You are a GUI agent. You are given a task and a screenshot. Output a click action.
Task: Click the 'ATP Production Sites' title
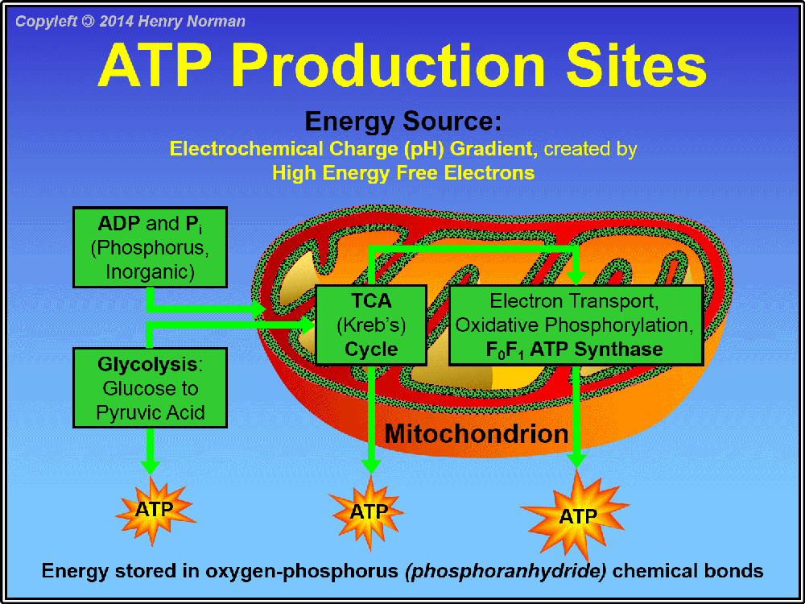[x=402, y=66]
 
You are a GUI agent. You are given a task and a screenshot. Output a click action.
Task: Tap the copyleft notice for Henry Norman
[x=130, y=22]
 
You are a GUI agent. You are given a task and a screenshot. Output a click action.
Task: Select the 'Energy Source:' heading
[x=402, y=122]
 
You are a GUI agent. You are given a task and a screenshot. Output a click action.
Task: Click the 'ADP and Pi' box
[x=150, y=247]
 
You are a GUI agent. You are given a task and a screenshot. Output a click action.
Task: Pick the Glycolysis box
[x=150, y=388]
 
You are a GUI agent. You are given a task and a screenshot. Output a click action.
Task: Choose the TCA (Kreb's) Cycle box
[x=370, y=325]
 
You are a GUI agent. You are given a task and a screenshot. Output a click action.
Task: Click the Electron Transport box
[x=576, y=325]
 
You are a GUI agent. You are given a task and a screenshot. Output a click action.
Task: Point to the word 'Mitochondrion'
[x=477, y=434]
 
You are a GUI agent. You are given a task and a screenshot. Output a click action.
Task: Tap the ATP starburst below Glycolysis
[x=154, y=510]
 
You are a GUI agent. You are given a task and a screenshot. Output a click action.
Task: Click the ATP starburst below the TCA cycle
[x=369, y=512]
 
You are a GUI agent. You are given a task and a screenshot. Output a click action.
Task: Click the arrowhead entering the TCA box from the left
[x=308, y=325]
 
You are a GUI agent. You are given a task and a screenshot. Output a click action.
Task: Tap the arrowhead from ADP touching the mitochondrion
[x=258, y=308]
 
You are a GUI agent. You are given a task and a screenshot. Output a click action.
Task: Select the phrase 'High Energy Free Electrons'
[x=403, y=173]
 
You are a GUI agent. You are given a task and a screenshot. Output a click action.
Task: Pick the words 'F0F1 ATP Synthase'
[x=574, y=350]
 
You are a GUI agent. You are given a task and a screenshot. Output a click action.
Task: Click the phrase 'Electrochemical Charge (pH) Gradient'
[x=351, y=149]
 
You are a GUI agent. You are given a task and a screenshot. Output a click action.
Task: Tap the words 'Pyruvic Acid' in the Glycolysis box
[x=151, y=413]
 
